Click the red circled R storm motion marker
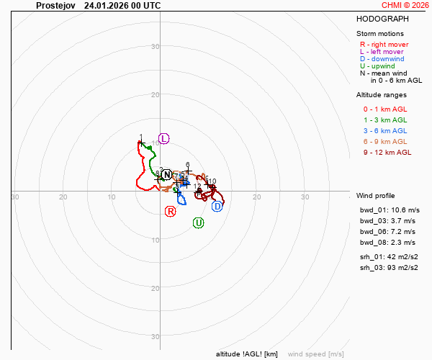(x=171, y=211)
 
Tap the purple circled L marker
(x=163, y=138)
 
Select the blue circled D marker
(x=217, y=207)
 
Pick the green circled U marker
(x=199, y=223)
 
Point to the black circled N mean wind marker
(x=167, y=175)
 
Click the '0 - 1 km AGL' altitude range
(x=385, y=109)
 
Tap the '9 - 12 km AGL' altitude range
(x=387, y=153)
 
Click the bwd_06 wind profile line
(x=387, y=232)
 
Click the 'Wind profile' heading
(x=376, y=196)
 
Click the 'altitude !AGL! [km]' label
(x=246, y=354)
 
